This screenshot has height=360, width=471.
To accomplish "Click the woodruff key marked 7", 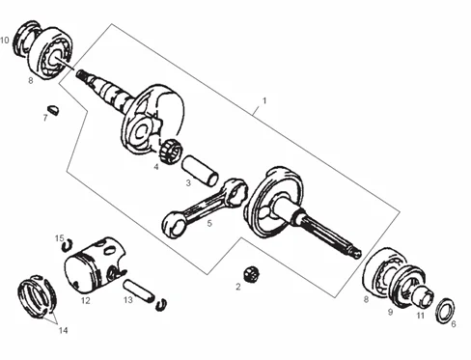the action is click(x=54, y=109).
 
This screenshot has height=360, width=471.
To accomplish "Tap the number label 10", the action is click(x=5, y=41).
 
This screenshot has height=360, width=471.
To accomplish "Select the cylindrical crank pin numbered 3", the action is click(x=200, y=170).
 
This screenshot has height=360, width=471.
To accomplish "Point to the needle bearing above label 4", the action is click(x=170, y=150).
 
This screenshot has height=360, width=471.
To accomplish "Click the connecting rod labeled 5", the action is click(x=205, y=208).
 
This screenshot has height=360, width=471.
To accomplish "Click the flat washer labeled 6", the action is click(x=446, y=311).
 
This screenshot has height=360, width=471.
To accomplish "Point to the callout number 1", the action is click(x=264, y=100).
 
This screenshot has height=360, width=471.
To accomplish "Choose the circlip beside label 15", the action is click(x=68, y=245).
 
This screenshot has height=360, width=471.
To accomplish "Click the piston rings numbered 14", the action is click(x=37, y=297).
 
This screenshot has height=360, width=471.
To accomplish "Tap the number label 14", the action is click(x=63, y=330).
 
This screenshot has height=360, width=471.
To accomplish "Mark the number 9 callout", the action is click(x=390, y=312).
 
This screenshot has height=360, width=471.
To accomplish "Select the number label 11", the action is click(x=421, y=316).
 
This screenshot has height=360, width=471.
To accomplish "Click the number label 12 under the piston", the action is click(x=86, y=301).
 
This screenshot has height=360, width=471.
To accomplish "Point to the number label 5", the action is click(x=209, y=223).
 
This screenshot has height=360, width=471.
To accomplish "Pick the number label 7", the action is click(x=45, y=118).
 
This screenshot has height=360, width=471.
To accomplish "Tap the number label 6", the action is click(x=454, y=323).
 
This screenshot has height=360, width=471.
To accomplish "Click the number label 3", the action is click(x=188, y=183).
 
